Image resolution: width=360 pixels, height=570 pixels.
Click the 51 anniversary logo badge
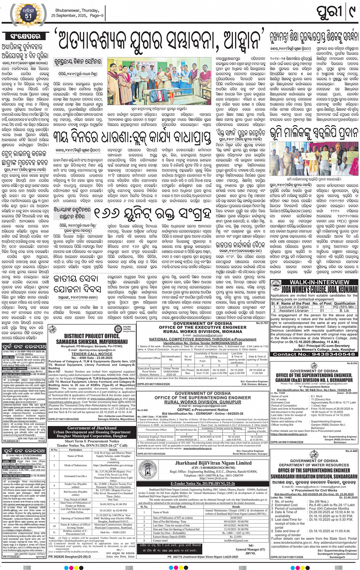29,14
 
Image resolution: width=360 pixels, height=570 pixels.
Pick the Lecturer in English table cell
294,307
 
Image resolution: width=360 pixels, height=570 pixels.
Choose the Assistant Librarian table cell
294,310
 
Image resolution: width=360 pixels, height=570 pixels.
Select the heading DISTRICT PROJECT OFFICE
92,336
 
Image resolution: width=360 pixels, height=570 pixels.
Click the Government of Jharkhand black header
92,428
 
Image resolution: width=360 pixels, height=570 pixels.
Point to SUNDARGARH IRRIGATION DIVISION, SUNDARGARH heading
314,476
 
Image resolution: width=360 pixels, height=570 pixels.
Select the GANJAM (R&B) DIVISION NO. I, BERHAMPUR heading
314,380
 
